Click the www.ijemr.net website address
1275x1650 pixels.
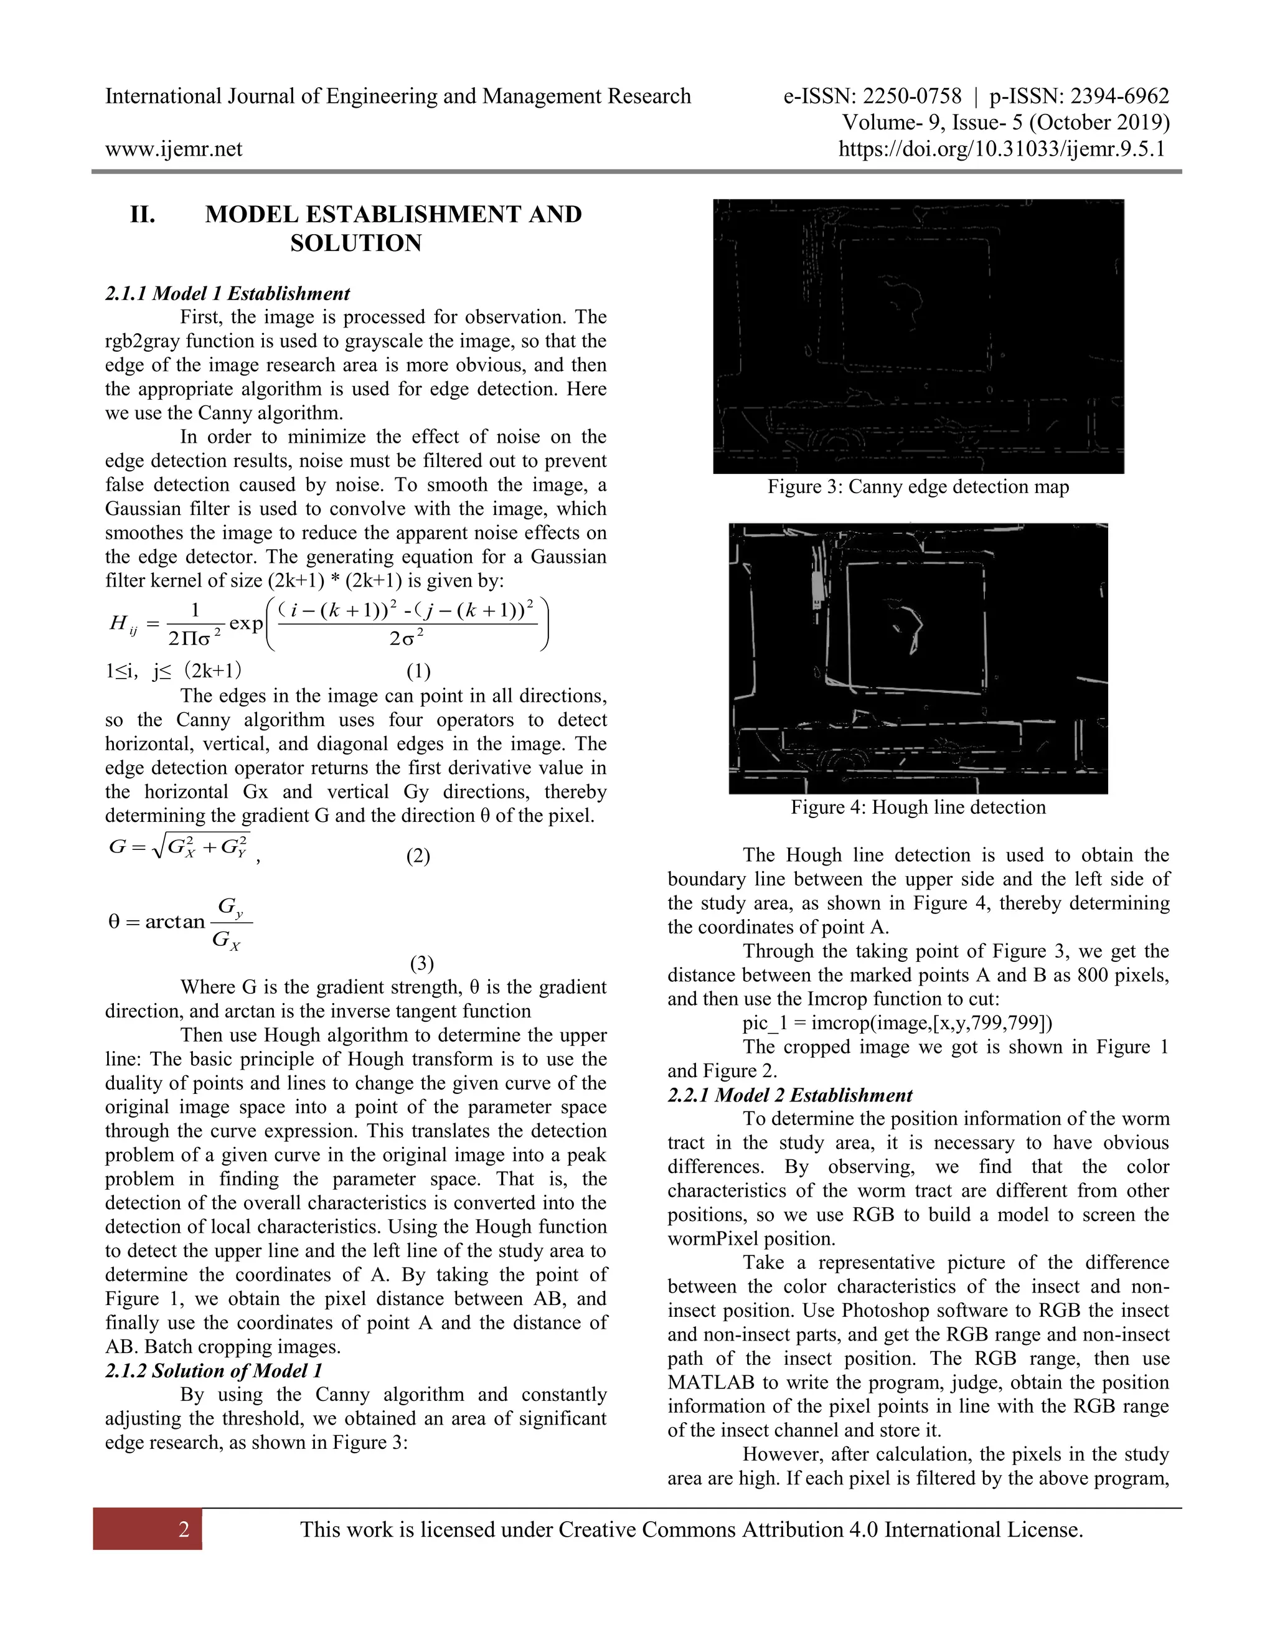click(x=173, y=149)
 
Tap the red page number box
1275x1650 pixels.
click(x=148, y=1529)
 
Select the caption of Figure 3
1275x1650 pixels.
click(x=918, y=486)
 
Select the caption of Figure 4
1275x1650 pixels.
click(x=918, y=807)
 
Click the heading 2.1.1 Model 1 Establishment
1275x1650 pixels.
click(x=227, y=293)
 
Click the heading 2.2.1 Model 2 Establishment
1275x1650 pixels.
click(x=789, y=1095)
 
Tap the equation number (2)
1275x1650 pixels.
click(x=418, y=856)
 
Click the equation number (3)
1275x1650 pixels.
click(x=421, y=963)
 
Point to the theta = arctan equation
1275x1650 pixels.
click(x=181, y=923)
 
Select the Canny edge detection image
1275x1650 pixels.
click(x=918, y=336)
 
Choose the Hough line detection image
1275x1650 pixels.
click(x=918, y=658)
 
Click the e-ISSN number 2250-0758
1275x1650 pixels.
click(x=911, y=97)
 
